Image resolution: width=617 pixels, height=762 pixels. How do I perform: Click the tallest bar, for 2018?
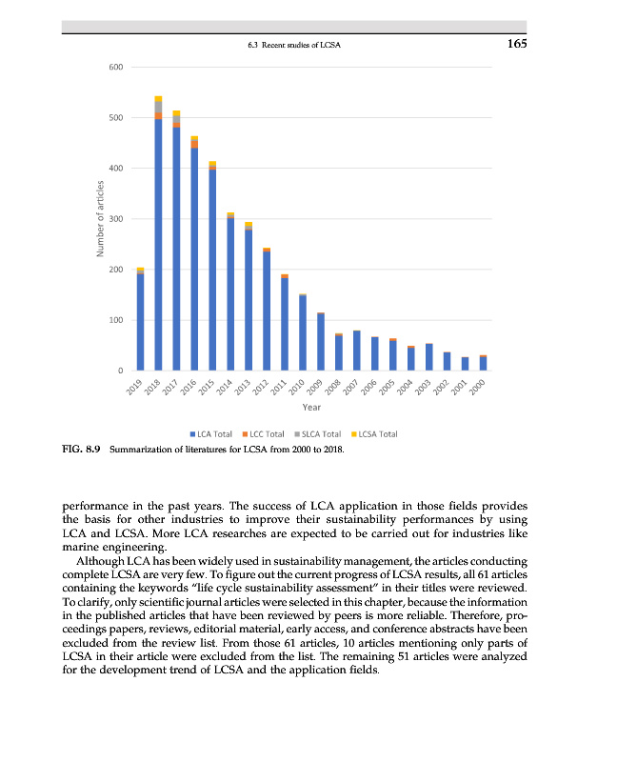click(x=158, y=238)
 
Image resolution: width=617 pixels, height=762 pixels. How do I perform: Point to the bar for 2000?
click(x=483, y=363)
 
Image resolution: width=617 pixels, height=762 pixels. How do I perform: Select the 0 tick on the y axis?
click(x=119, y=370)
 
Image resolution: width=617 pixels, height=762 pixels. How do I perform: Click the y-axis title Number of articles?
click(x=98, y=218)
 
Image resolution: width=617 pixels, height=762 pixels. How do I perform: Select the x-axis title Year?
click(x=310, y=408)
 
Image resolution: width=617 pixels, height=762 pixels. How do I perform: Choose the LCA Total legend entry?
click(x=215, y=433)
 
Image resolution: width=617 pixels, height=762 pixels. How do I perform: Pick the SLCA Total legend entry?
click(x=320, y=433)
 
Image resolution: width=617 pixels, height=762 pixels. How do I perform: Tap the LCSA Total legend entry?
click(x=375, y=433)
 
